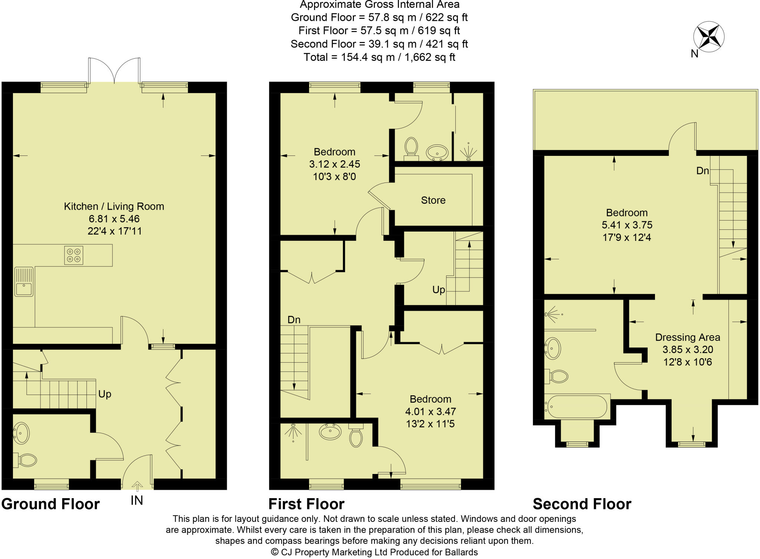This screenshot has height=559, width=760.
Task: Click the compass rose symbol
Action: pyautogui.click(x=709, y=37)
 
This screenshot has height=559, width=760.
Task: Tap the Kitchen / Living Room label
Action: pyautogui.click(x=114, y=207)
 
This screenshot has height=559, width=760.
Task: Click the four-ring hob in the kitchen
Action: pyautogui.click(x=73, y=255)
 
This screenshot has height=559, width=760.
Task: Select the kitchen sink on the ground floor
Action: pyautogui.click(x=24, y=282)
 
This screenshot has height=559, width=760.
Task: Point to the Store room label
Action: pyautogui.click(x=433, y=200)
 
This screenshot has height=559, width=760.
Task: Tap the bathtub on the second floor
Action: pyautogui.click(x=577, y=406)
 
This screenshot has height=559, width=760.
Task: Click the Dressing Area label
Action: pyautogui.click(x=687, y=337)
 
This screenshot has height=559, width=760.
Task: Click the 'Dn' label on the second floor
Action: pyautogui.click(x=702, y=171)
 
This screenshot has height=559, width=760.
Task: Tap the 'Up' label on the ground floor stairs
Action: pyautogui.click(x=105, y=394)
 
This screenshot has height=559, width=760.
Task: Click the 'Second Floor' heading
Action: pyautogui.click(x=582, y=504)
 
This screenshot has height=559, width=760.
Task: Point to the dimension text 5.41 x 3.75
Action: pyautogui.click(x=626, y=225)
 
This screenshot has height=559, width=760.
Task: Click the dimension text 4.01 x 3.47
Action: pyautogui.click(x=430, y=411)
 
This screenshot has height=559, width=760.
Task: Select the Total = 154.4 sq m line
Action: pyautogui.click(x=379, y=57)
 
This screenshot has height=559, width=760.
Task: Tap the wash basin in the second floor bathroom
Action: pyautogui.click(x=553, y=348)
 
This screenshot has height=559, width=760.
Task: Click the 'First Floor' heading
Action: pyautogui.click(x=306, y=504)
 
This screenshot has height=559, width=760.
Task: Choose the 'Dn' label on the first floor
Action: pyautogui.click(x=294, y=320)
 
